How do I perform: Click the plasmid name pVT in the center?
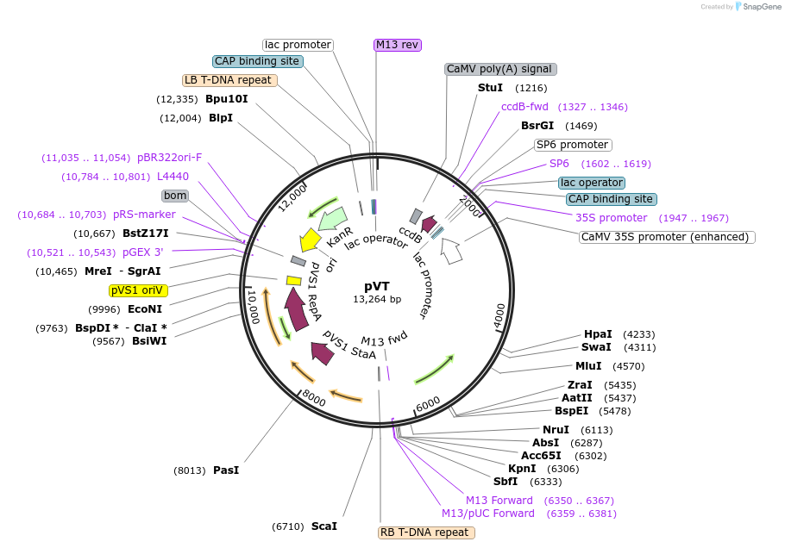377,285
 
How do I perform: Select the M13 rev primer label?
397,45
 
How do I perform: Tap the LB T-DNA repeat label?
229,80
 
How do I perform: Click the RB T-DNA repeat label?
424,532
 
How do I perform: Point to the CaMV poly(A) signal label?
500,69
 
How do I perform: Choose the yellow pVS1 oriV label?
138,290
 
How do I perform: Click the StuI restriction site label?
490,88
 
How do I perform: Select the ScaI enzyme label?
323,526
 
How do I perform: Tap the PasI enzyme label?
225,470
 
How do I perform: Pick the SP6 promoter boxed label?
572,145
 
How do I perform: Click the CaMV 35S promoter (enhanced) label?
667,237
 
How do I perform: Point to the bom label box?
175,196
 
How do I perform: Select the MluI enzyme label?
588,365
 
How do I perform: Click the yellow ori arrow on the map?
309,240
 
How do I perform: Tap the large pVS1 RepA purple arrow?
296,309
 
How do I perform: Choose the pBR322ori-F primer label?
169,158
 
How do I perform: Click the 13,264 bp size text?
377,299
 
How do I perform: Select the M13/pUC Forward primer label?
487,514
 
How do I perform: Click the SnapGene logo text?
757,6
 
